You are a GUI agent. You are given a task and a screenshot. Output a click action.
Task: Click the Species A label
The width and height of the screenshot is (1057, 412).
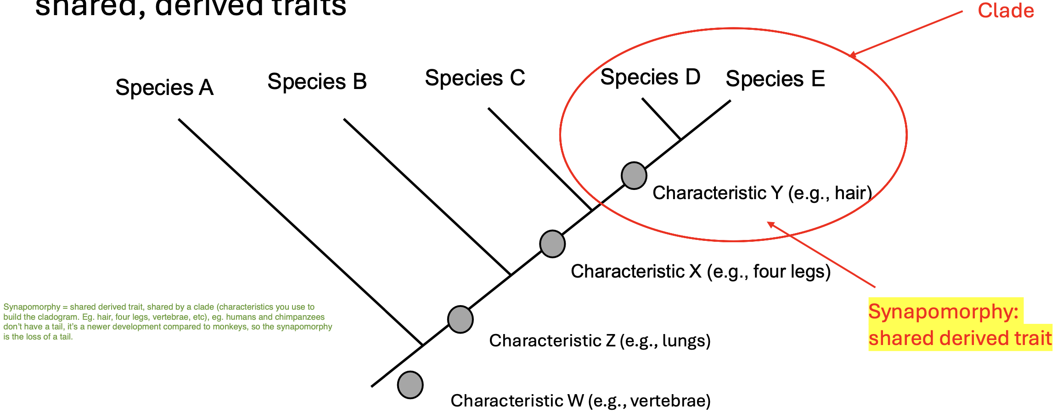coord(164,88)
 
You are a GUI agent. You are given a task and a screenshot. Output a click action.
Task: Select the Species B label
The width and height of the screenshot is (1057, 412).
coord(317,82)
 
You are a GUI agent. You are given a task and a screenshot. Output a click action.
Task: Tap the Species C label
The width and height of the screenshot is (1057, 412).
coord(475,78)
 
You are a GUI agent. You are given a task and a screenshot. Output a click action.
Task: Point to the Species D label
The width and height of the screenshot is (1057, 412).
coord(650,77)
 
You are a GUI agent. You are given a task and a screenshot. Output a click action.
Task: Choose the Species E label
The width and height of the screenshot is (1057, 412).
coord(775,79)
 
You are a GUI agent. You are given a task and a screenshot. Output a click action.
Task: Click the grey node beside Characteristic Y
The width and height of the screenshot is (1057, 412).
coord(634,176)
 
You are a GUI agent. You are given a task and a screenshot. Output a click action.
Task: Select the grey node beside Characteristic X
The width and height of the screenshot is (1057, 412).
coord(552,244)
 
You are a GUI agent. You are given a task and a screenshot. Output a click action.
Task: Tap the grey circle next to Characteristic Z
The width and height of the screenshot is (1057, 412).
coord(460,319)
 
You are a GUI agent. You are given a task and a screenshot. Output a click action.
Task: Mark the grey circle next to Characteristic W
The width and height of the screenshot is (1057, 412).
coord(410,385)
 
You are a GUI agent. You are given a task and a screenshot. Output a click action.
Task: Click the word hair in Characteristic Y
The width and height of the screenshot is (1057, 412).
coord(852,193)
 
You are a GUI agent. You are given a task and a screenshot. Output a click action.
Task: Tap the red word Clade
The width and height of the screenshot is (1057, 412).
coord(1006,11)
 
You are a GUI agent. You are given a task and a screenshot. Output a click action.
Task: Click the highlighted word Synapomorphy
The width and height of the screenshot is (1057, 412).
coord(943,312)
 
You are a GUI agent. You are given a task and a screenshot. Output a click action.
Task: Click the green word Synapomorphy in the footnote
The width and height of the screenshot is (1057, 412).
coord(32,307)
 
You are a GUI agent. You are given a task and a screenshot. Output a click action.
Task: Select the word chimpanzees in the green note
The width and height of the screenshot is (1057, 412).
coord(299,317)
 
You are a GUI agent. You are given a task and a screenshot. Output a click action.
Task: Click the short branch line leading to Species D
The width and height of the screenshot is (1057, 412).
coord(661,118)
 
